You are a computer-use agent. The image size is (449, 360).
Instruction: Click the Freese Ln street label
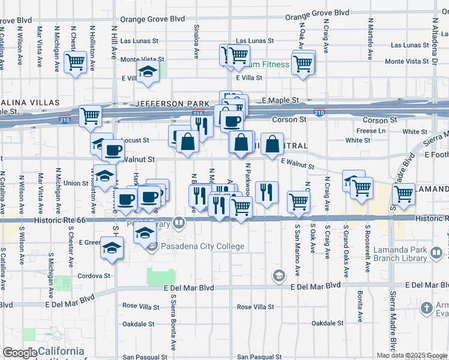(371, 131)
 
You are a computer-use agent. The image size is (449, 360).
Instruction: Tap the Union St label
(76, 183)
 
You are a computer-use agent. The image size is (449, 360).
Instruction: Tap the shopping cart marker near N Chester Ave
(76, 61)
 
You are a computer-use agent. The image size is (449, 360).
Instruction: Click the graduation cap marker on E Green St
(112, 248)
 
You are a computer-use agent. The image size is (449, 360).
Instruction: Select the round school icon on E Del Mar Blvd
(279, 275)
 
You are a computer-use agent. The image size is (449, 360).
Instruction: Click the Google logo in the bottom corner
(20, 353)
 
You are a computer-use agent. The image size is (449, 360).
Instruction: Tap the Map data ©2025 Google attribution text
(412, 355)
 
